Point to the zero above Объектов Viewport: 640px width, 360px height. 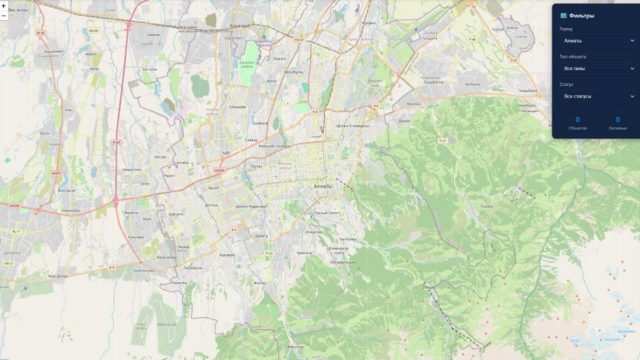(x=578, y=119)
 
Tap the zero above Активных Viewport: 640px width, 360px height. (x=618, y=119)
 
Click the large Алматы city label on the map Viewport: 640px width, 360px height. (x=323, y=186)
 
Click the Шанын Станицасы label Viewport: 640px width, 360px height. (x=353, y=125)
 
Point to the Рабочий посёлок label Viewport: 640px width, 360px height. (x=274, y=146)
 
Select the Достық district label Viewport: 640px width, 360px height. (x=211, y=205)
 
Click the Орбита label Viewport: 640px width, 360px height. (x=261, y=235)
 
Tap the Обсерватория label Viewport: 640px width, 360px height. (x=342, y=262)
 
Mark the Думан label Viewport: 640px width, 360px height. (x=404, y=121)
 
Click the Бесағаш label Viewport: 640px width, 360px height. (x=414, y=104)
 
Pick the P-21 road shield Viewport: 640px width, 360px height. (x=442, y=140)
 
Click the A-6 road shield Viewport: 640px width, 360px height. (x=375, y=106)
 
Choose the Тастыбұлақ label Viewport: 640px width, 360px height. (x=193, y=268)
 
